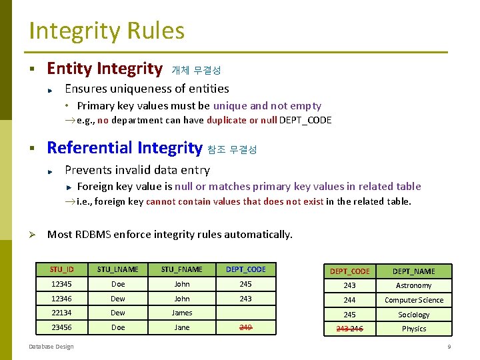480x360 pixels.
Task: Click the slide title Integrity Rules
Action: click(107, 31)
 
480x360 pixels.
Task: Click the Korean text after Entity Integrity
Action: click(196, 70)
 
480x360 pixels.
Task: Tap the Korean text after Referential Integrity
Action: click(232, 149)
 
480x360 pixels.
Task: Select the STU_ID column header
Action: click(61, 269)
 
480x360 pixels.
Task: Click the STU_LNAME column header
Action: click(118, 269)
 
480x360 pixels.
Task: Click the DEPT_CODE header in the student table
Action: click(245, 269)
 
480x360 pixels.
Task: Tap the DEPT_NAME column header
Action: click(413, 271)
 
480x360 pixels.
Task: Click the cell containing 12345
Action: click(61, 284)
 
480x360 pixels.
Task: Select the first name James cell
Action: click(181, 313)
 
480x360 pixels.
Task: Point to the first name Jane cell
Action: click(181, 327)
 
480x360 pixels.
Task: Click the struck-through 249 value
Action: click(245, 327)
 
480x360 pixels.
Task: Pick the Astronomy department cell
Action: click(413, 285)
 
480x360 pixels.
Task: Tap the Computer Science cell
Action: click(413, 300)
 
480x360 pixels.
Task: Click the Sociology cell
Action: click(413, 315)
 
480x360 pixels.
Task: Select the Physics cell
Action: click(413, 329)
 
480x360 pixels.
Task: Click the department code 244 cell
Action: click(349, 300)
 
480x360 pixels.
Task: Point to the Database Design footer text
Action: click(51, 346)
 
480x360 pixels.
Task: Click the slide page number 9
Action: click(449, 347)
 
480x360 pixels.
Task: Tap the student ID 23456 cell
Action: click(61, 327)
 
